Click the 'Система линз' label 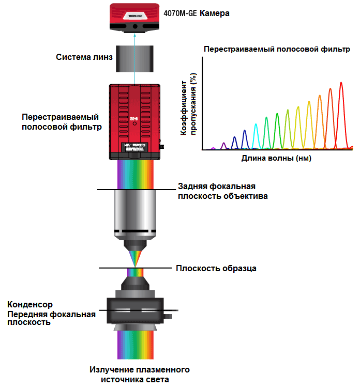coord(84,57)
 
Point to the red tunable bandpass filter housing coord(135,121)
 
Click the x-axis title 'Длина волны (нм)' coord(276,159)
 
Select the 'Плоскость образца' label coord(216,268)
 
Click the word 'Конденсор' coord(30,304)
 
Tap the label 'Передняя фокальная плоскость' coord(51,318)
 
